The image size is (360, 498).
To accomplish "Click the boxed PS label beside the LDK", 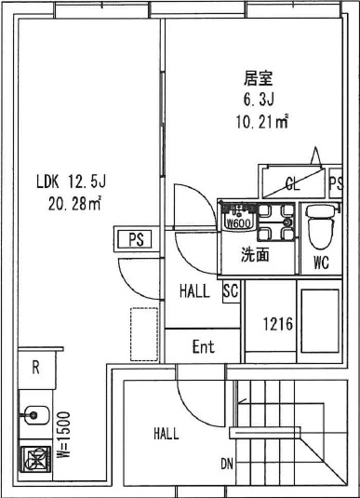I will pyautogui.click(x=135, y=239).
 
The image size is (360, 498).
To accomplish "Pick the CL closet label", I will pyautogui.click(x=291, y=182).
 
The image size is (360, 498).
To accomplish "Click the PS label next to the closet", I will pyautogui.click(x=337, y=182).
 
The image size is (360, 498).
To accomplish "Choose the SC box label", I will pyautogui.click(x=231, y=291).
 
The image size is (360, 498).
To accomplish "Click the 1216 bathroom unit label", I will pyautogui.click(x=277, y=327).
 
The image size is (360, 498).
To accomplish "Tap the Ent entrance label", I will pyautogui.click(x=203, y=347).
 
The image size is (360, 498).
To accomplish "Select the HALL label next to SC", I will pyautogui.click(x=194, y=291).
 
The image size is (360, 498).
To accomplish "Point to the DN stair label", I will pyautogui.click(x=227, y=464).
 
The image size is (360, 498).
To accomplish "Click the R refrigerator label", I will pyautogui.click(x=35, y=367).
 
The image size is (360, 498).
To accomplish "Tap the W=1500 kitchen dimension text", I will pyautogui.click(x=65, y=432).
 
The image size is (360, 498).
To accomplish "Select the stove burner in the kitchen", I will pyautogui.click(x=34, y=459).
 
